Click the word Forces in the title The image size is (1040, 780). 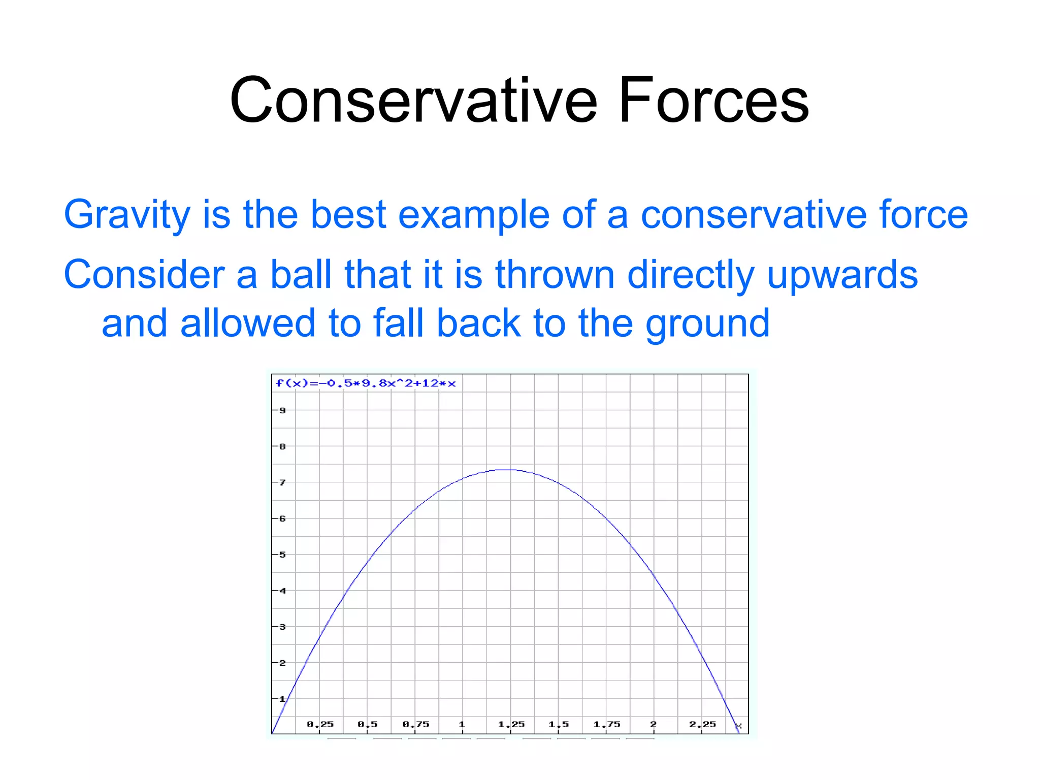click(x=713, y=100)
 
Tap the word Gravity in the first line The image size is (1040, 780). click(x=127, y=215)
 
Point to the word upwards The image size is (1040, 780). click(x=842, y=275)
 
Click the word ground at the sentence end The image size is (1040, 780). click(x=707, y=323)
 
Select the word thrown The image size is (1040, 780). click(x=555, y=275)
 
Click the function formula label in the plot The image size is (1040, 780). click(x=366, y=383)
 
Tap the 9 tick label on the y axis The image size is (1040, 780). click(x=283, y=410)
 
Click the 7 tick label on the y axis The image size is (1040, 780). click(x=283, y=482)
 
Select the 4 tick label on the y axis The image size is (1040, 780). click(x=283, y=591)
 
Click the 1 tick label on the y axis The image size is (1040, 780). click(x=283, y=699)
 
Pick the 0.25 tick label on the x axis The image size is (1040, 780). click(x=320, y=724)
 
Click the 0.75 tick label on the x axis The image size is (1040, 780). click(x=416, y=724)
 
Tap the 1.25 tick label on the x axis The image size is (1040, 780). click(x=511, y=724)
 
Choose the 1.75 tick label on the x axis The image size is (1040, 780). click(x=607, y=724)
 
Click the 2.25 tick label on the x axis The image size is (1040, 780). click(x=702, y=724)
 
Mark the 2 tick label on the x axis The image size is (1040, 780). click(x=654, y=724)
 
